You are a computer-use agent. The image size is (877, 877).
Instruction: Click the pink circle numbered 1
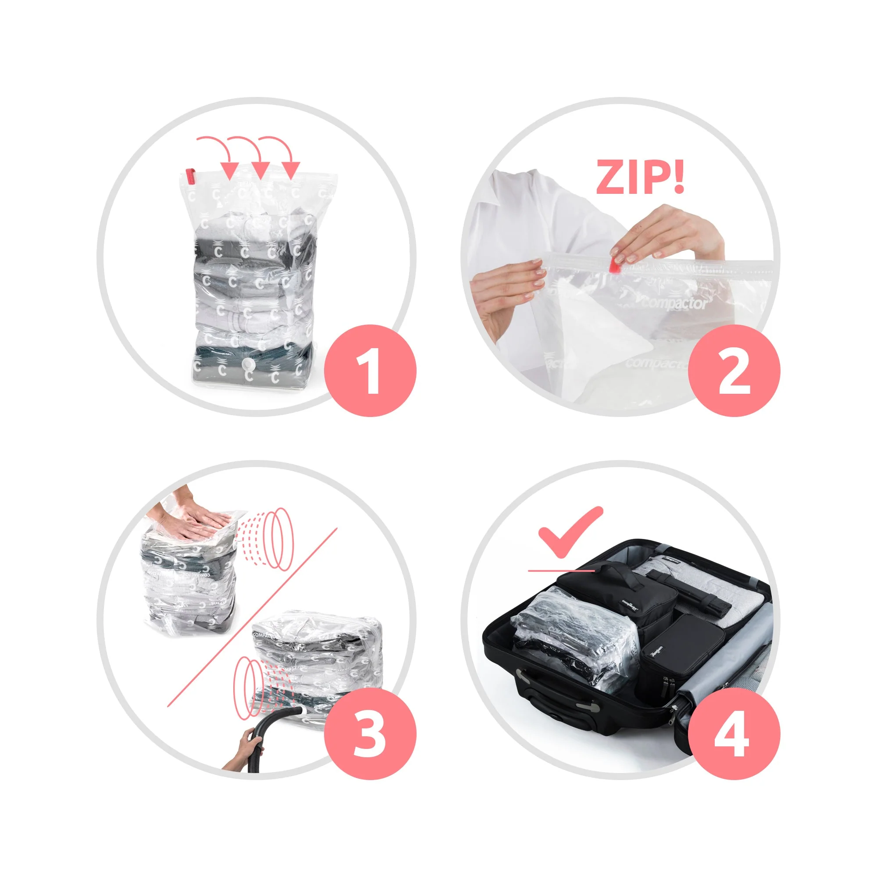click(370, 371)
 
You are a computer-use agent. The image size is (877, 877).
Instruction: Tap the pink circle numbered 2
click(734, 371)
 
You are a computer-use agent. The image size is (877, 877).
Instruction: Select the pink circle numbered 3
click(370, 734)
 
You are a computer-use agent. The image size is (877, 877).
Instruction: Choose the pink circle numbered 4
click(734, 734)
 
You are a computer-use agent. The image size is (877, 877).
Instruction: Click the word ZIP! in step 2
click(640, 178)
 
